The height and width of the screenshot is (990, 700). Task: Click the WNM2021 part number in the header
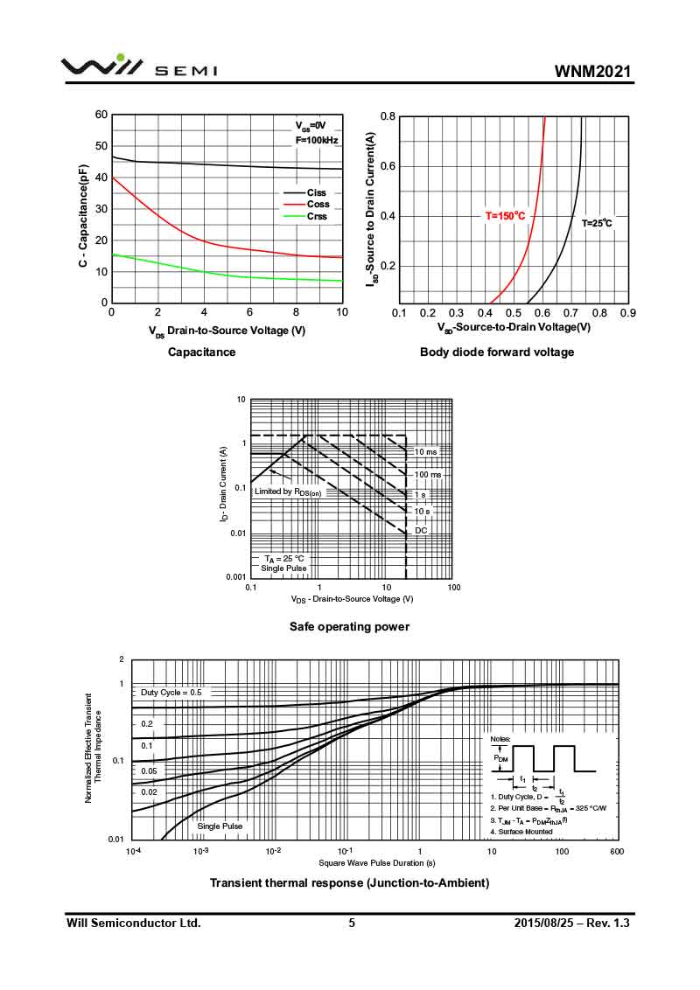pos(591,71)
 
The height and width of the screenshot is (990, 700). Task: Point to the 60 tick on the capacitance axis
pos(101,115)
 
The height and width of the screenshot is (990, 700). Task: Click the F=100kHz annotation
pos(316,140)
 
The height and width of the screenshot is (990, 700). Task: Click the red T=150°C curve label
pos(506,215)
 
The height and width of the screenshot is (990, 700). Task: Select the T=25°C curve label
pos(598,224)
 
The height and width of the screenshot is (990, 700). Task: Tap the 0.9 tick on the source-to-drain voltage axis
pos(626,312)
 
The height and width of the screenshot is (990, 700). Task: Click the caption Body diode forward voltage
pos(497,352)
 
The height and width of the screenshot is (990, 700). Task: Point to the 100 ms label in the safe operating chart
pos(428,474)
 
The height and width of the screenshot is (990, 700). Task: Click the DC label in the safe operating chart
pos(421,530)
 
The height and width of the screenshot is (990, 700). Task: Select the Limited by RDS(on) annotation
pos(285,492)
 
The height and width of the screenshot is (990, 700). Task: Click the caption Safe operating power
pos(349,626)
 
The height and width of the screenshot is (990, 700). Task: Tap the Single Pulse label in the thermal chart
pos(220,826)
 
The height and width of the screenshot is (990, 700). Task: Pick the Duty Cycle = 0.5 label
pos(171,692)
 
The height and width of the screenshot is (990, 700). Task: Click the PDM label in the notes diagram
pos(500,759)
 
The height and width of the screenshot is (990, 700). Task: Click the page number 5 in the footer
pos(352,923)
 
